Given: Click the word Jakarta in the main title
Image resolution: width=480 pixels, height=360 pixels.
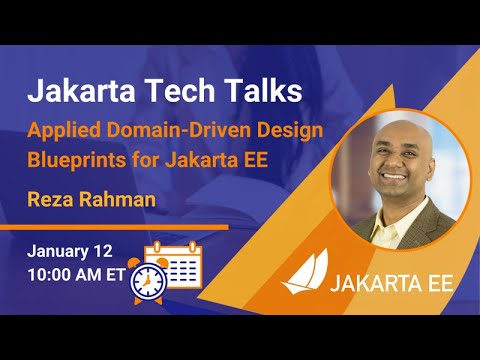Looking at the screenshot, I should [80, 92].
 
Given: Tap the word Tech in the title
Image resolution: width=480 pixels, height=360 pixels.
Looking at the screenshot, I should [179, 92].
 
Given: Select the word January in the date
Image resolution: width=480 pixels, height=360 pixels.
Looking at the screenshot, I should [61, 249].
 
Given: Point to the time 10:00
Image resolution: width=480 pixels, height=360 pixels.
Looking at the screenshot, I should [48, 272].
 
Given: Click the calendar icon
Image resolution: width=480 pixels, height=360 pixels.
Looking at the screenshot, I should [177, 261].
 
